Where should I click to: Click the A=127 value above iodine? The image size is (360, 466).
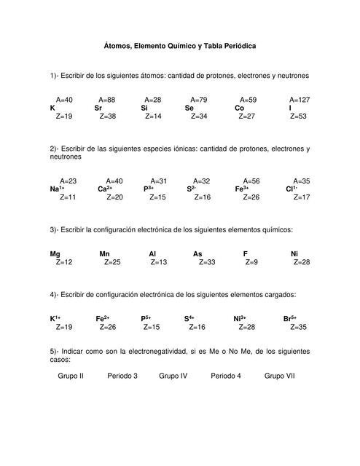click(x=300, y=100)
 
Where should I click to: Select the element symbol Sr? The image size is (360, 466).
click(x=98, y=108)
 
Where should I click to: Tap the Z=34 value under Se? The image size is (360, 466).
click(x=199, y=116)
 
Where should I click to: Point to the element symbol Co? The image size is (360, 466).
click(x=239, y=108)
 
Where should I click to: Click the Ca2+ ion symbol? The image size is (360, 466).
click(x=105, y=189)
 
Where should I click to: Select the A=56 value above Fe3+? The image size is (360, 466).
click(x=251, y=181)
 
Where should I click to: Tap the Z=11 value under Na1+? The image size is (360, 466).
click(x=68, y=197)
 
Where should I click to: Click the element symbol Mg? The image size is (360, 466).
click(x=55, y=253)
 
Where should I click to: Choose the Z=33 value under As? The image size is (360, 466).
click(x=206, y=261)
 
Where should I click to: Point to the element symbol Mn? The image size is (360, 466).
click(x=104, y=253)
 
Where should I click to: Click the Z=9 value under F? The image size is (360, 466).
click(x=251, y=261)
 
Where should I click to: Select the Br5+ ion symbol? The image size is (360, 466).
click(x=290, y=318)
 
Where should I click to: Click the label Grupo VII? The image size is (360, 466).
click(x=280, y=376)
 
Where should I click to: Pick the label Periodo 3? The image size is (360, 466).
click(x=122, y=376)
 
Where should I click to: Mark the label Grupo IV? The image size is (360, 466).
click(x=173, y=376)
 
